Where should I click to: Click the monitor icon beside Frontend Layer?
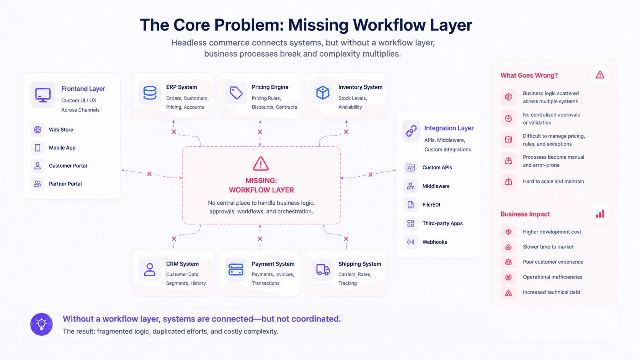43,95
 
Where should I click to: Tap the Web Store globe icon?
38,130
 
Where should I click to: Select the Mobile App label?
62,148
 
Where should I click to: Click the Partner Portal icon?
38,184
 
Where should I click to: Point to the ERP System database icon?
150,93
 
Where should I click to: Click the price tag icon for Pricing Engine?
236,93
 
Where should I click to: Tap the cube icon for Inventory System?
323,93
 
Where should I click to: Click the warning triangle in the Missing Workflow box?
261,164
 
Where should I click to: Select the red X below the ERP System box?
174,132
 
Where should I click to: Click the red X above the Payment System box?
260,239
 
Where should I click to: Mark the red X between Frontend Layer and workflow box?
149,174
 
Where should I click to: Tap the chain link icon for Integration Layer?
411,131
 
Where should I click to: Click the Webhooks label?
434,242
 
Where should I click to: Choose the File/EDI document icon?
411,205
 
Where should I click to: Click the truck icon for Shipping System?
323,269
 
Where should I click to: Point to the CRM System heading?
182,264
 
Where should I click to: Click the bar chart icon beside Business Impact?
600,214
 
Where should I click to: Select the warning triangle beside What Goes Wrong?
600,75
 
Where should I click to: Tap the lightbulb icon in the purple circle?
41,324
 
